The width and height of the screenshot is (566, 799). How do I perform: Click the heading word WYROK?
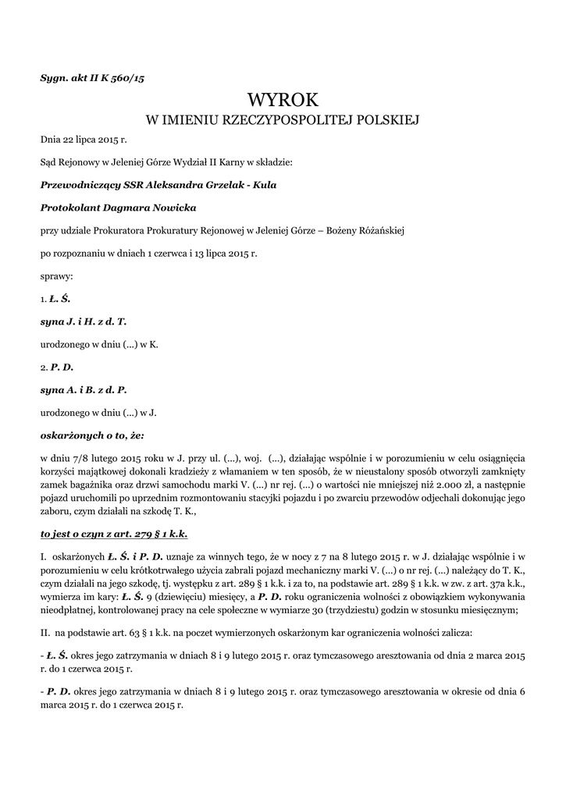pyautogui.click(x=283, y=101)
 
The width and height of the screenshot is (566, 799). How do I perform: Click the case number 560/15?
pyautogui.click(x=128, y=79)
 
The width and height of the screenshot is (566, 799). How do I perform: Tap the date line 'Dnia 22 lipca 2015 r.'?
pyautogui.click(x=83, y=140)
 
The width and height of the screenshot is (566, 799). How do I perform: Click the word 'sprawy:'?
pyautogui.click(x=57, y=275)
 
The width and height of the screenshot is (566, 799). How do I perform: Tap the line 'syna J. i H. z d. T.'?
pyautogui.click(x=84, y=321)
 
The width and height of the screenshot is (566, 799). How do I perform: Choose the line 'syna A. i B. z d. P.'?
pyautogui.click(x=84, y=389)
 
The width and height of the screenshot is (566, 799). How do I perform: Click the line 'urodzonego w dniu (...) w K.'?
pyautogui.click(x=99, y=343)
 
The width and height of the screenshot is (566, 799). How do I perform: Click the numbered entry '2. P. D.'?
pyautogui.click(x=56, y=366)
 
